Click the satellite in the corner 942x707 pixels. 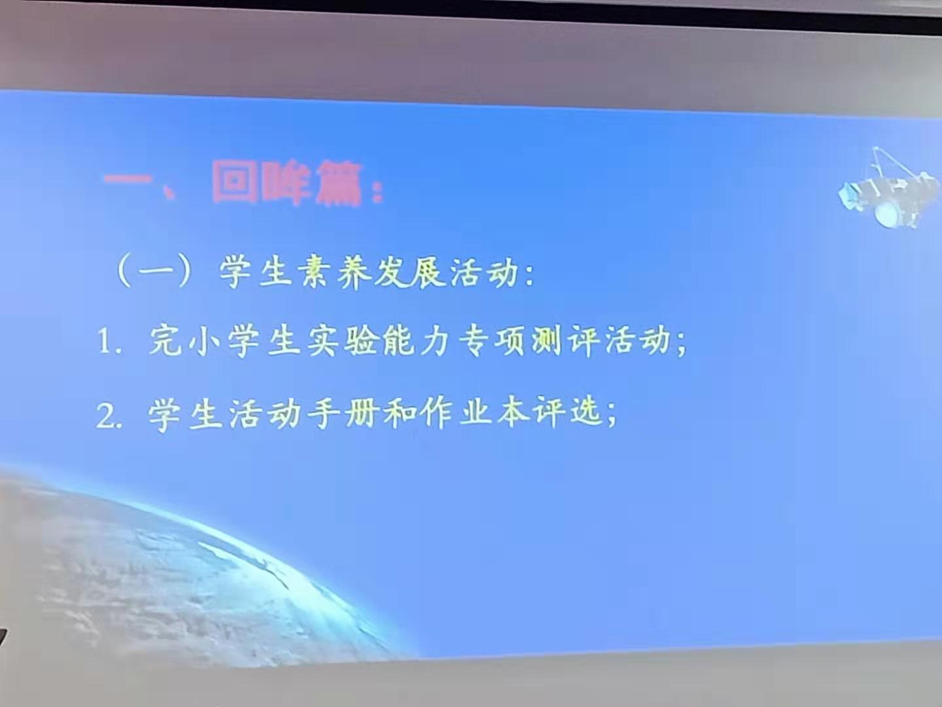(x=888, y=189)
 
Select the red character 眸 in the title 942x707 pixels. (x=286, y=184)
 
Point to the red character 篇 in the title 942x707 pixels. (x=338, y=185)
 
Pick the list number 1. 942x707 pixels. (x=105, y=341)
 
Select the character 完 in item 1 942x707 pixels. (x=166, y=340)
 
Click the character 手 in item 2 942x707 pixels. (x=323, y=414)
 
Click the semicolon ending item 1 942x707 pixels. (x=681, y=345)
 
